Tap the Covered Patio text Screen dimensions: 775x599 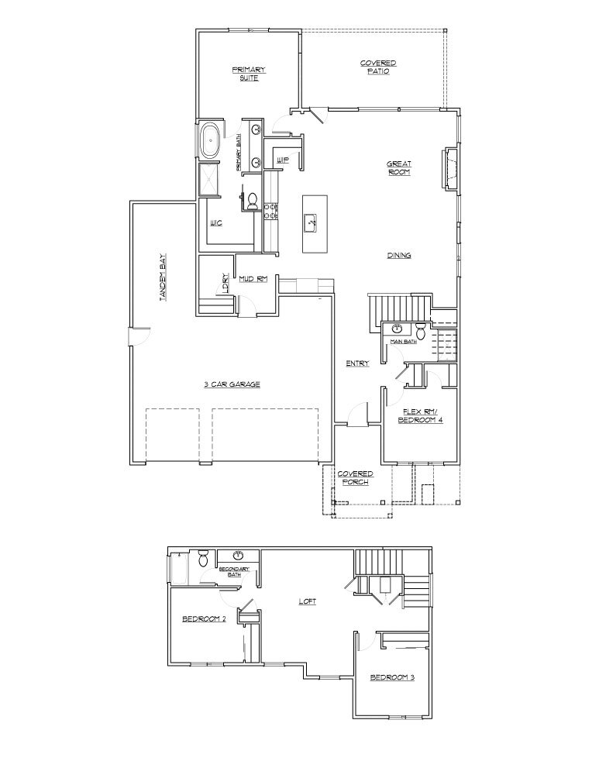click(378, 67)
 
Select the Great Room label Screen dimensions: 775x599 click(399, 168)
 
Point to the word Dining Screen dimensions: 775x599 click(399, 256)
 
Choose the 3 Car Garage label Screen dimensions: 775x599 click(232, 384)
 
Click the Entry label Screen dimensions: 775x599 click(357, 363)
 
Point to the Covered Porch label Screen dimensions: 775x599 click(355, 477)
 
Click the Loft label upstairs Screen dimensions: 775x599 click(308, 601)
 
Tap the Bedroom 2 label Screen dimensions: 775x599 click(204, 618)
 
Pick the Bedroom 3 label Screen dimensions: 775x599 click(392, 677)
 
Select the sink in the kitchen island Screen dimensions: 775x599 click(312, 222)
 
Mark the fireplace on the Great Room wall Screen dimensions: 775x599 click(449, 168)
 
